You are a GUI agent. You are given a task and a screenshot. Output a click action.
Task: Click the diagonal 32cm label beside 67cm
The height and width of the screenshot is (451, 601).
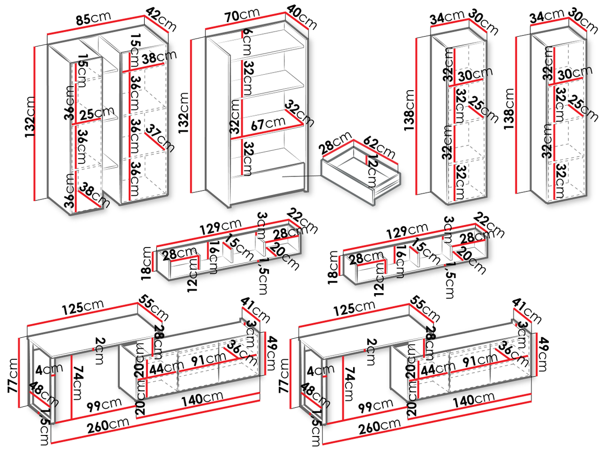[300, 114]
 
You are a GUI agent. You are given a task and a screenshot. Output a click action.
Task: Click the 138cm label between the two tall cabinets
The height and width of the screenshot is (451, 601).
[509, 111]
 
